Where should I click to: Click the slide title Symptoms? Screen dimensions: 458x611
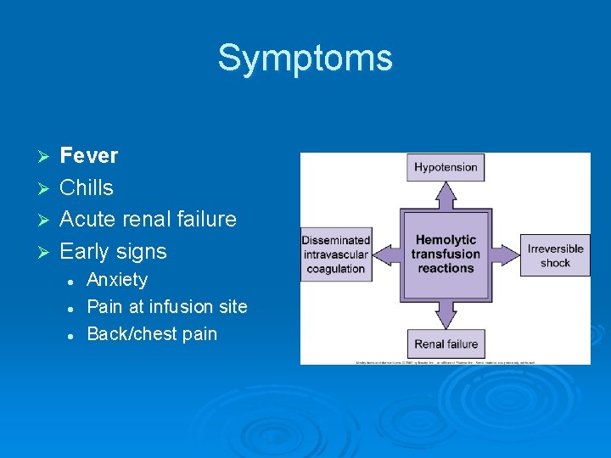[305, 58]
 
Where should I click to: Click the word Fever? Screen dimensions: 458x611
[88, 155]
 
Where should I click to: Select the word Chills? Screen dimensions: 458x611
[86, 187]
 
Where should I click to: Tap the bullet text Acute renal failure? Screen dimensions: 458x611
[148, 219]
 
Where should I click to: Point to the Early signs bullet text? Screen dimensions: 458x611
[113, 251]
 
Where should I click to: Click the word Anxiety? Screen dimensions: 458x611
[117, 279]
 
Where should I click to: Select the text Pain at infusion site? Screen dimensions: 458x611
[167, 306]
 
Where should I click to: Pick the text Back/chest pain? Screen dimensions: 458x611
[152, 333]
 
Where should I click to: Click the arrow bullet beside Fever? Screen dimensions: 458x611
[46, 156]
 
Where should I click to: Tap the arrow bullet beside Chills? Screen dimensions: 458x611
[46, 188]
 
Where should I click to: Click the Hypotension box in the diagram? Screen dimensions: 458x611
[446, 167]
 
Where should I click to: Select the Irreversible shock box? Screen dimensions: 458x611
[555, 255]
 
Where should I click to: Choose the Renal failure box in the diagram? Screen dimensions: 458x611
[446, 343]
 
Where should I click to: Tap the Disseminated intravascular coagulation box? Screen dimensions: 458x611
[336, 254]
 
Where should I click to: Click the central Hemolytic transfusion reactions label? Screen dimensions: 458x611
[446, 254]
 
